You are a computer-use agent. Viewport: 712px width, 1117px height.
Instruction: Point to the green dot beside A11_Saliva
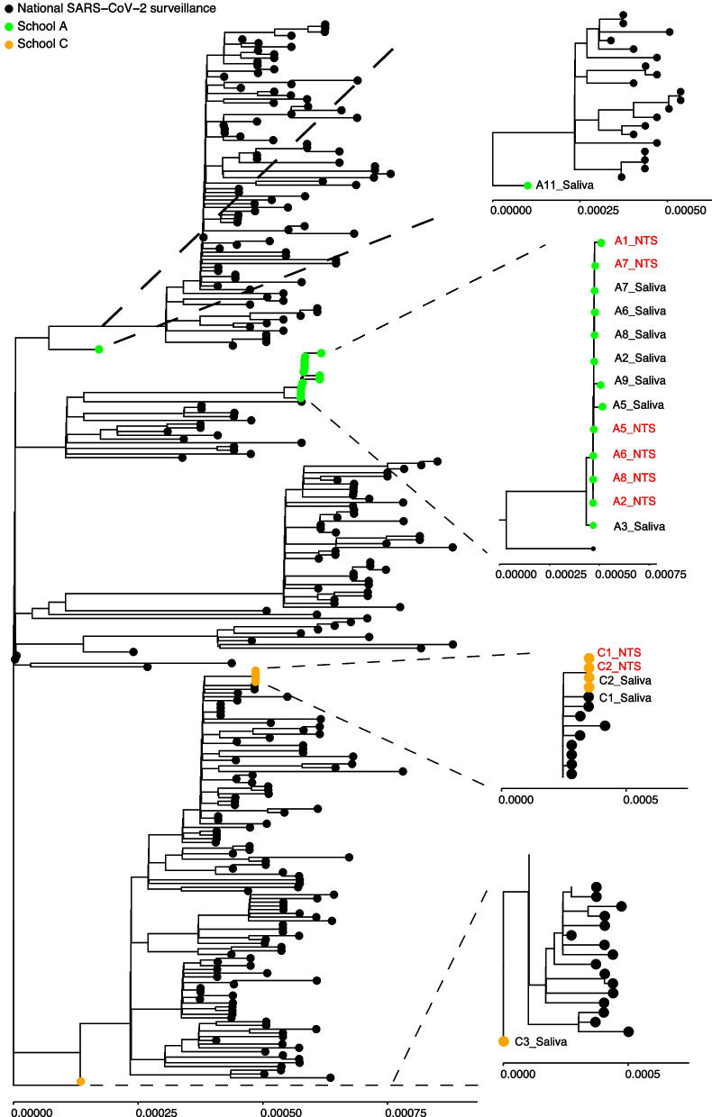[528, 186]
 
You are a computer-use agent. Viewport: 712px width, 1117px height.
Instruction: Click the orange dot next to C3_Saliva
[504, 1041]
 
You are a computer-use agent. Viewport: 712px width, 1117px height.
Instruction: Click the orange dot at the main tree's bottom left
[80, 1081]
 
